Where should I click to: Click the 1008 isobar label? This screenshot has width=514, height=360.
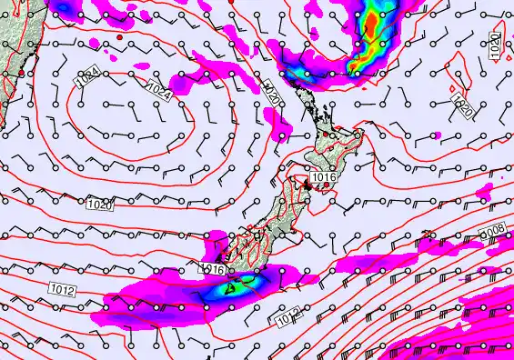coord(494,233)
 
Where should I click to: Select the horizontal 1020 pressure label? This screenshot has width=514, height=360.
coord(100,205)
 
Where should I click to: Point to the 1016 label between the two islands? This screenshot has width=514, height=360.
coord(324,178)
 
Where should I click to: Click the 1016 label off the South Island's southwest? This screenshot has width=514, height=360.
coord(212,269)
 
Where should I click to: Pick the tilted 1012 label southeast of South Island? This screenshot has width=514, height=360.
coord(287,318)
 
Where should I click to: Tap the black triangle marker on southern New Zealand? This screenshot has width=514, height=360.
coord(230,288)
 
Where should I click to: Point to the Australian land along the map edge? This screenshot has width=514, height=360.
coord(9,55)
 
